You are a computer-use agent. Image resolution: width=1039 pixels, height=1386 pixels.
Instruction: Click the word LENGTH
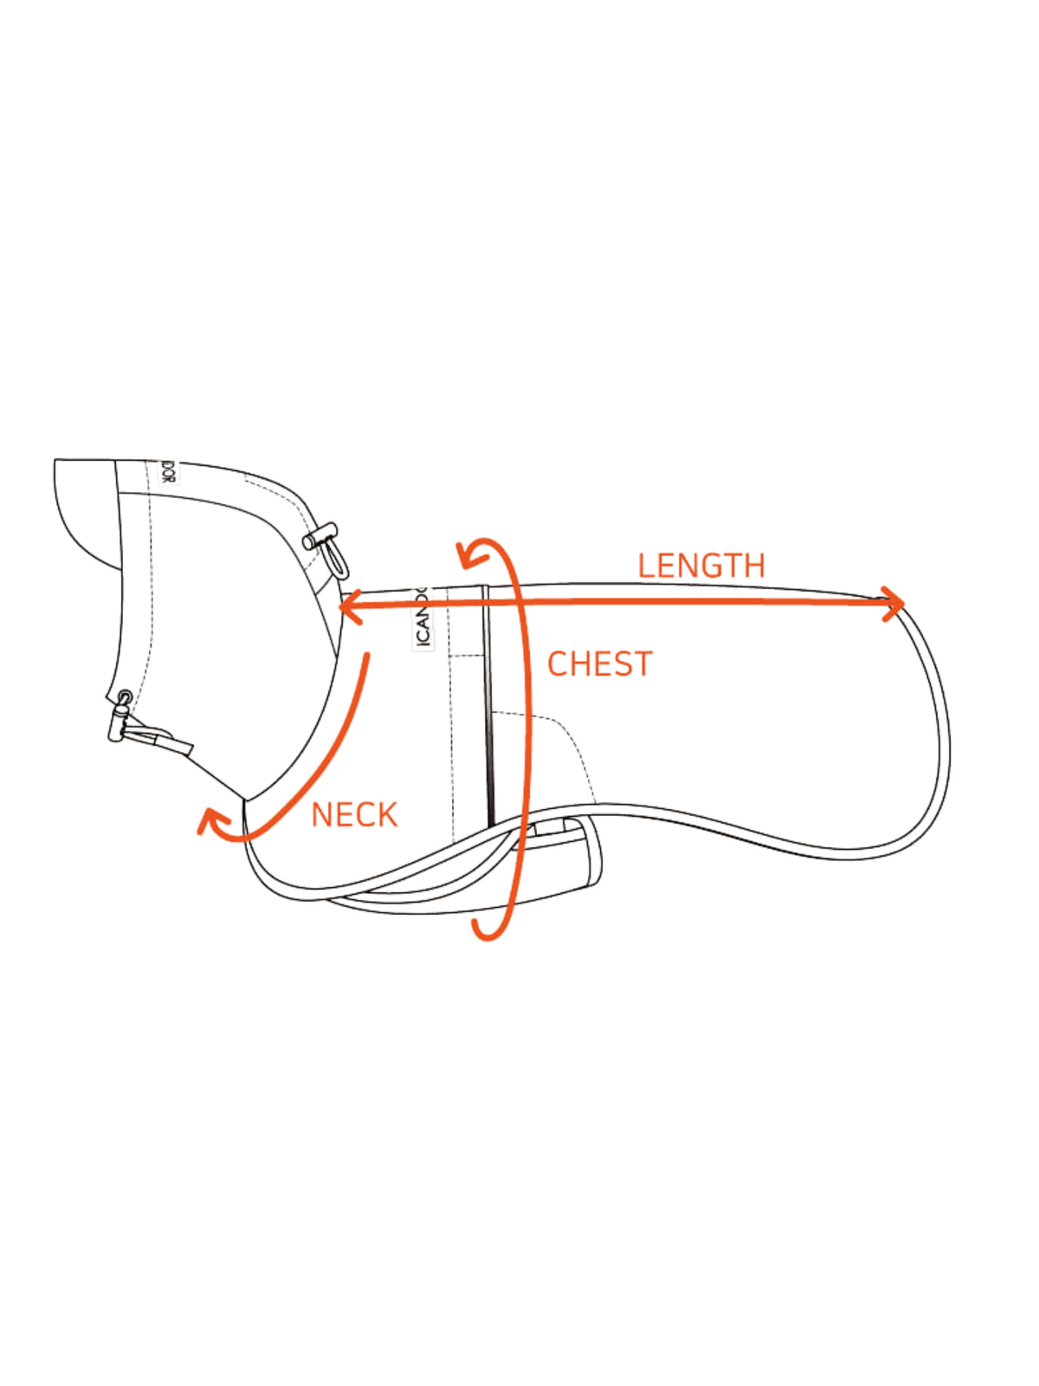pos(701,566)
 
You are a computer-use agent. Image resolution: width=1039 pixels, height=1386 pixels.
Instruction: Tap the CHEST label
pos(597,664)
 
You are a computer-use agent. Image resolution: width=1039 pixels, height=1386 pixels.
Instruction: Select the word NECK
pos(355,814)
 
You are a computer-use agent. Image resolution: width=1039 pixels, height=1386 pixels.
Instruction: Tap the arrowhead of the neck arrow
pos(208,823)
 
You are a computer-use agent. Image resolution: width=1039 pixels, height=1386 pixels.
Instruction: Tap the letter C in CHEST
pos(554,664)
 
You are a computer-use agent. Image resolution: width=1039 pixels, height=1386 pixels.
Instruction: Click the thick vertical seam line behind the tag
pos(489,702)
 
